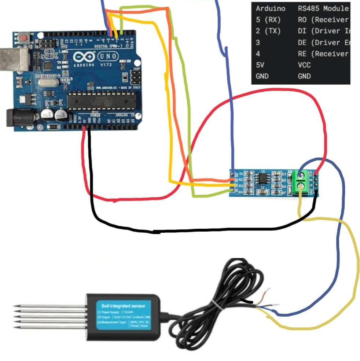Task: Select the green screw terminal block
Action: pyautogui.click(x=301, y=182)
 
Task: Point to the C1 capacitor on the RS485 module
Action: pyautogui.click(x=262, y=190)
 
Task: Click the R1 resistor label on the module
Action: pyautogui.click(x=241, y=174)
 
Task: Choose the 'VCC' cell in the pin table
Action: pyautogui.click(x=304, y=65)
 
